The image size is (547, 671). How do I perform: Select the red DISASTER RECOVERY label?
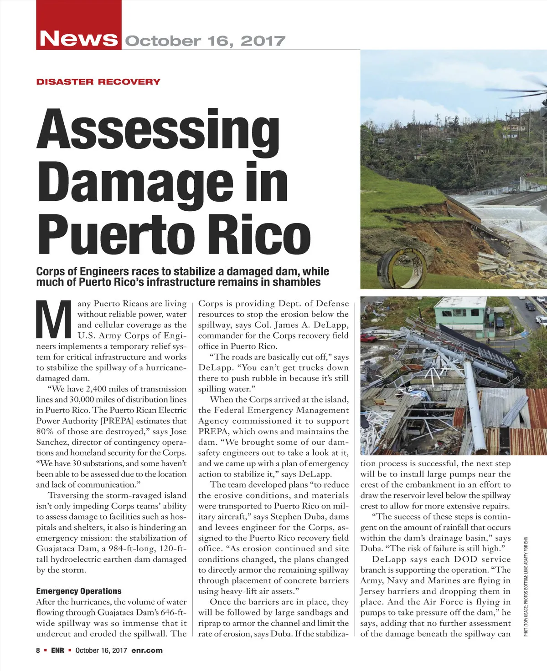pyautogui.click(x=98, y=82)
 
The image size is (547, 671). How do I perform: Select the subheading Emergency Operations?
pyautogui.click(x=79, y=591)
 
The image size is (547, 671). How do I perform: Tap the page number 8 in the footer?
pyautogui.click(x=38, y=650)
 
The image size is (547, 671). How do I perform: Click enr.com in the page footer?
pyautogui.click(x=147, y=650)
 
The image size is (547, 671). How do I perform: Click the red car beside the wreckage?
pyautogui.click(x=368, y=337)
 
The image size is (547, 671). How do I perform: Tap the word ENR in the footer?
pyautogui.click(x=57, y=650)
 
